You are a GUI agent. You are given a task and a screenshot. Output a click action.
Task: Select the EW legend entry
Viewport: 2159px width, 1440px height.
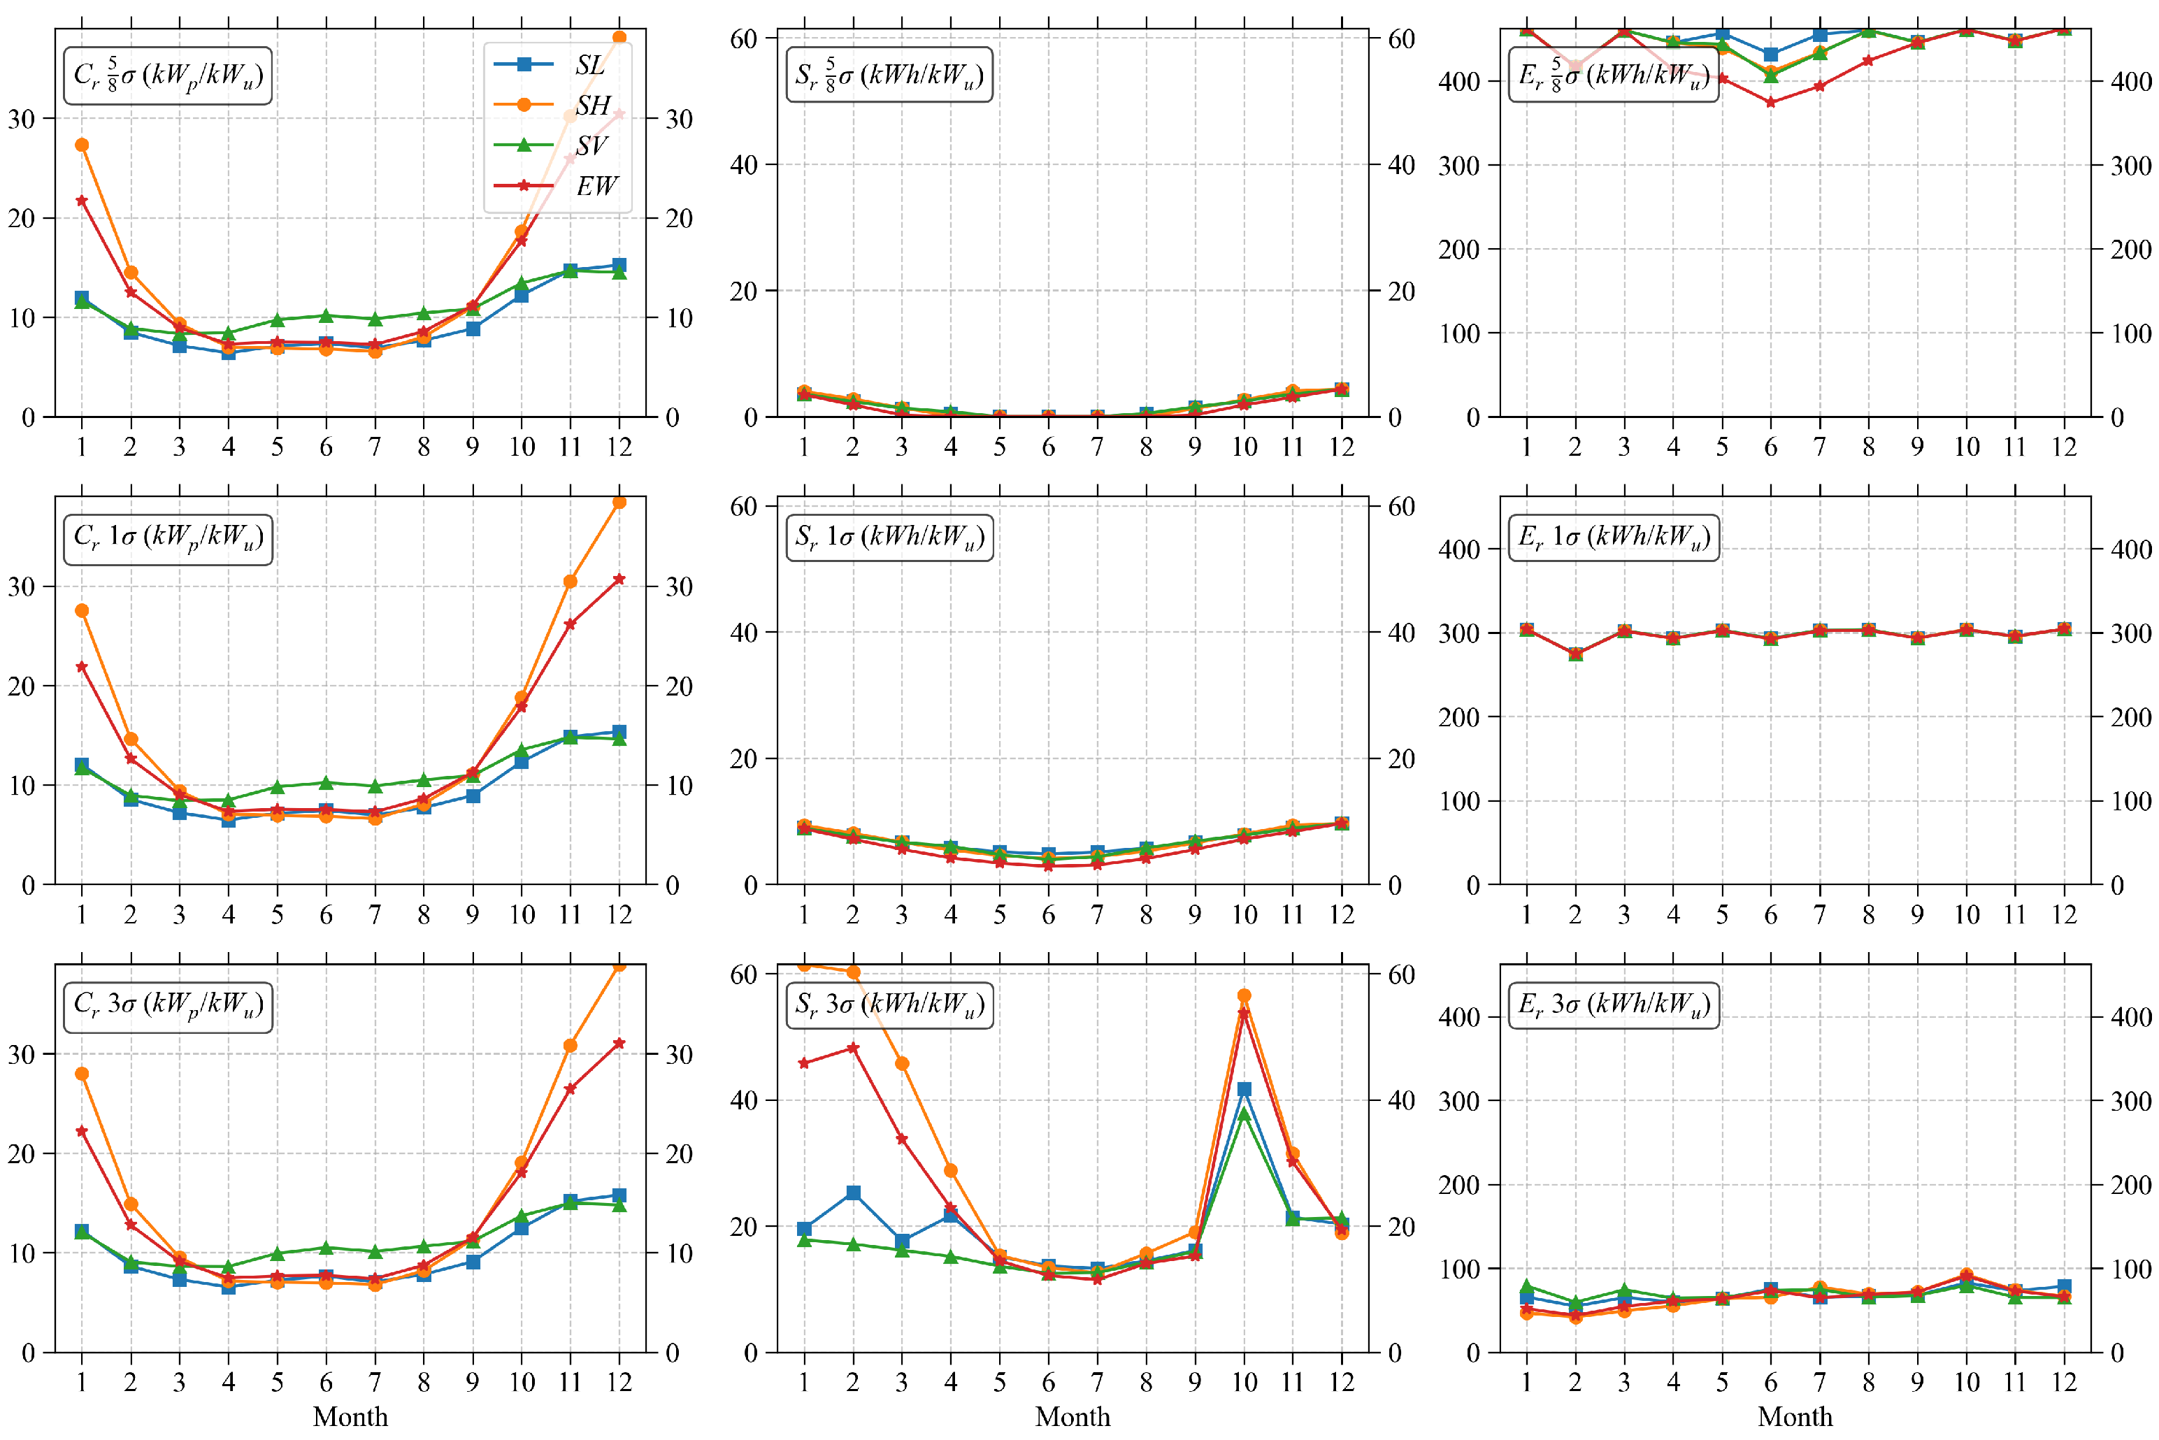[556, 185]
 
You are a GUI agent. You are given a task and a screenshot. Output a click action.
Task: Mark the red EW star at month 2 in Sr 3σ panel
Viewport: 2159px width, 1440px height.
[852, 1048]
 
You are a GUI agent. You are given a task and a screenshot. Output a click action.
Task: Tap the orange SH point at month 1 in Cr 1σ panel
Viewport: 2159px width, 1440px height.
[82, 611]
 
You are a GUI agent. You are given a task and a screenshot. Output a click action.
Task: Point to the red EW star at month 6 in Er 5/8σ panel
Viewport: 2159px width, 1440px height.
[1770, 103]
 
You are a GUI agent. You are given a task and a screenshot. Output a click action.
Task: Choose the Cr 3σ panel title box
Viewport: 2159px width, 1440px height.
[168, 1007]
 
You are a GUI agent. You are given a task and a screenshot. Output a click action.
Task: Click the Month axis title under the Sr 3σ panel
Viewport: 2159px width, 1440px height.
[1072, 1416]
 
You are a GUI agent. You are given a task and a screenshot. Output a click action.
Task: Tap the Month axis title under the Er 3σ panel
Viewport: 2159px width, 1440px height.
[1795, 1416]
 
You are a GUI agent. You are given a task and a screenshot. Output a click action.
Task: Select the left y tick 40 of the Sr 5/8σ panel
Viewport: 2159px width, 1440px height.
[744, 164]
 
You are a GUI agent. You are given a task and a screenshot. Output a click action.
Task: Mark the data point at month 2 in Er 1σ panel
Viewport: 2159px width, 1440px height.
[1575, 654]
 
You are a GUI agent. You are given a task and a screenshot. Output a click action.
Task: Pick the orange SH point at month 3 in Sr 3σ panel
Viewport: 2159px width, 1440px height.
[901, 1063]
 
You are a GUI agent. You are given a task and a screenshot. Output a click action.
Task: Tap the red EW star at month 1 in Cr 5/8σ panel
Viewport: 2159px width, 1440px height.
[82, 200]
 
